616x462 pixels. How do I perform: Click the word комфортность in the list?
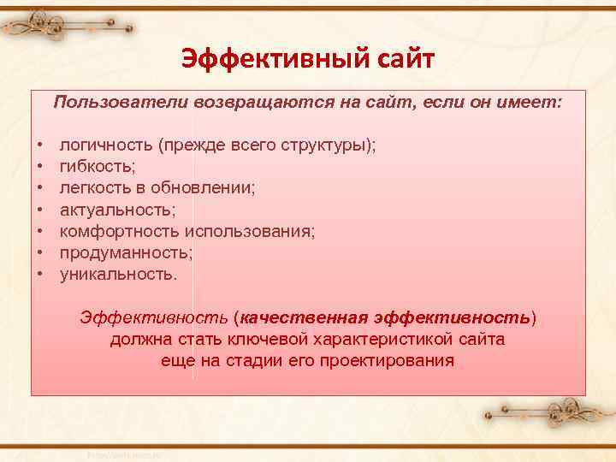[119, 231]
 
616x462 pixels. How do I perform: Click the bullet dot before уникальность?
[41, 275]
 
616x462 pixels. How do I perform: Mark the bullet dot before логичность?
[41, 145]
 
